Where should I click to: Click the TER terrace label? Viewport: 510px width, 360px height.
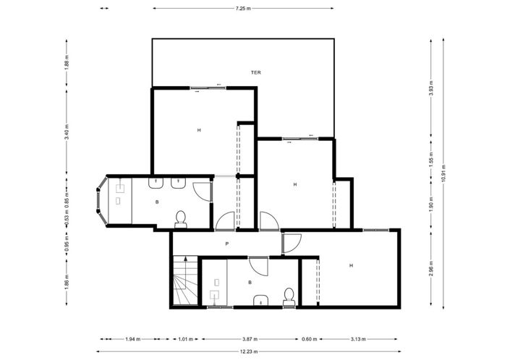(x=255, y=73)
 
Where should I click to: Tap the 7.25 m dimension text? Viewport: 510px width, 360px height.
(x=242, y=9)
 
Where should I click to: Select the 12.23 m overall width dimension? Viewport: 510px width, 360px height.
(x=248, y=351)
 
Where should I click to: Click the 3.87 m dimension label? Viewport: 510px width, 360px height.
(x=250, y=338)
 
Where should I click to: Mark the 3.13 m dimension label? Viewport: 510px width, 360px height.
(x=357, y=338)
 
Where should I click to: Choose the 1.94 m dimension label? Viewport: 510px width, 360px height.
(x=132, y=338)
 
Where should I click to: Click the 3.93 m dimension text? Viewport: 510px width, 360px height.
(x=431, y=88)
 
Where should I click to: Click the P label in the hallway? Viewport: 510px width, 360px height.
(x=226, y=244)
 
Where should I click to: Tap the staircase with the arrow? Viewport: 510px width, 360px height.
(x=185, y=281)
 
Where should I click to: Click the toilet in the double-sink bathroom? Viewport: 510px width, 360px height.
(x=182, y=216)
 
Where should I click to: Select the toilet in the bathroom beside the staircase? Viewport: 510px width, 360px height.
(x=289, y=295)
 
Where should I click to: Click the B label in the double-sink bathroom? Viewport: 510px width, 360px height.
(x=157, y=202)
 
